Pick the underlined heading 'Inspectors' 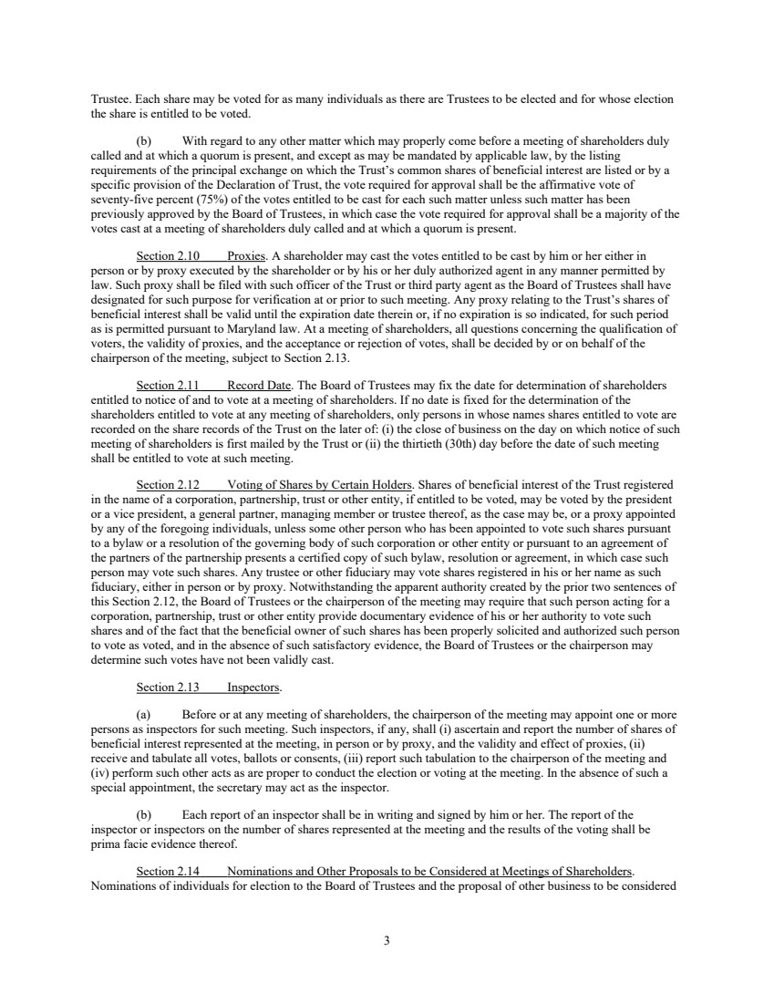click(x=254, y=687)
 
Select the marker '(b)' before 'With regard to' click(x=144, y=141)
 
